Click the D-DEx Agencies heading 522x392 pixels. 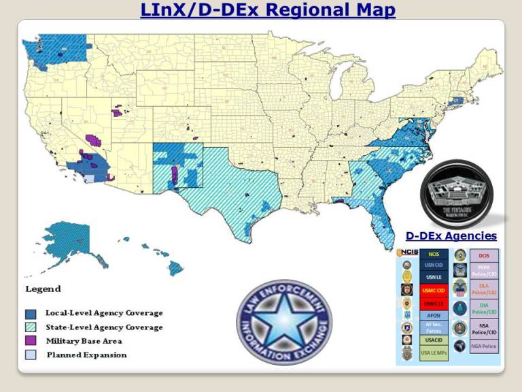click(x=451, y=236)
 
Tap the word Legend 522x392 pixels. click(x=43, y=289)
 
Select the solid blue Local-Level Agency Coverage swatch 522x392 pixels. click(x=31, y=314)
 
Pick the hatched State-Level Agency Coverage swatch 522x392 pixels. click(x=31, y=327)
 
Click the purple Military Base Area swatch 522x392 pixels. click(x=31, y=341)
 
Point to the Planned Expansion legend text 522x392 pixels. click(x=86, y=355)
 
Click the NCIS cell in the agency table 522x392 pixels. click(x=433, y=255)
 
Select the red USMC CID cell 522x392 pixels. click(x=433, y=291)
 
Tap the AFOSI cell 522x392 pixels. click(x=433, y=315)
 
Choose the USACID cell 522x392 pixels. click(x=433, y=340)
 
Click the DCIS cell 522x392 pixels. click(x=484, y=255)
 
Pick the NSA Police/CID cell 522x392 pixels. click(x=484, y=329)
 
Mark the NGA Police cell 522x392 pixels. click(x=484, y=346)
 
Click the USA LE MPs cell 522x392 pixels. click(x=433, y=353)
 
